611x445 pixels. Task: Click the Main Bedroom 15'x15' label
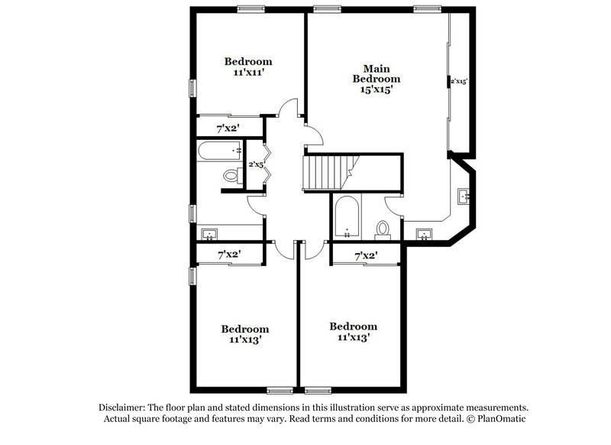pyautogui.click(x=376, y=79)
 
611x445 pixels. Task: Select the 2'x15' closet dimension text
pyautogui.click(x=458, y=80)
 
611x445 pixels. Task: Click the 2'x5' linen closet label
pyautogui.click(x=255, y=164)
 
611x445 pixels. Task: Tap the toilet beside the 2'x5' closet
pyautogui.click(x=232, y=177)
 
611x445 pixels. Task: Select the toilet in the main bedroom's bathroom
pyautogui.click(x=383, y=229)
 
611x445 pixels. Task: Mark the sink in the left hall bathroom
pyautogui.click(x=209, y=234)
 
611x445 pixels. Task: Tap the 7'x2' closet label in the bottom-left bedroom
pyautogui.click(x=229, y=253)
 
